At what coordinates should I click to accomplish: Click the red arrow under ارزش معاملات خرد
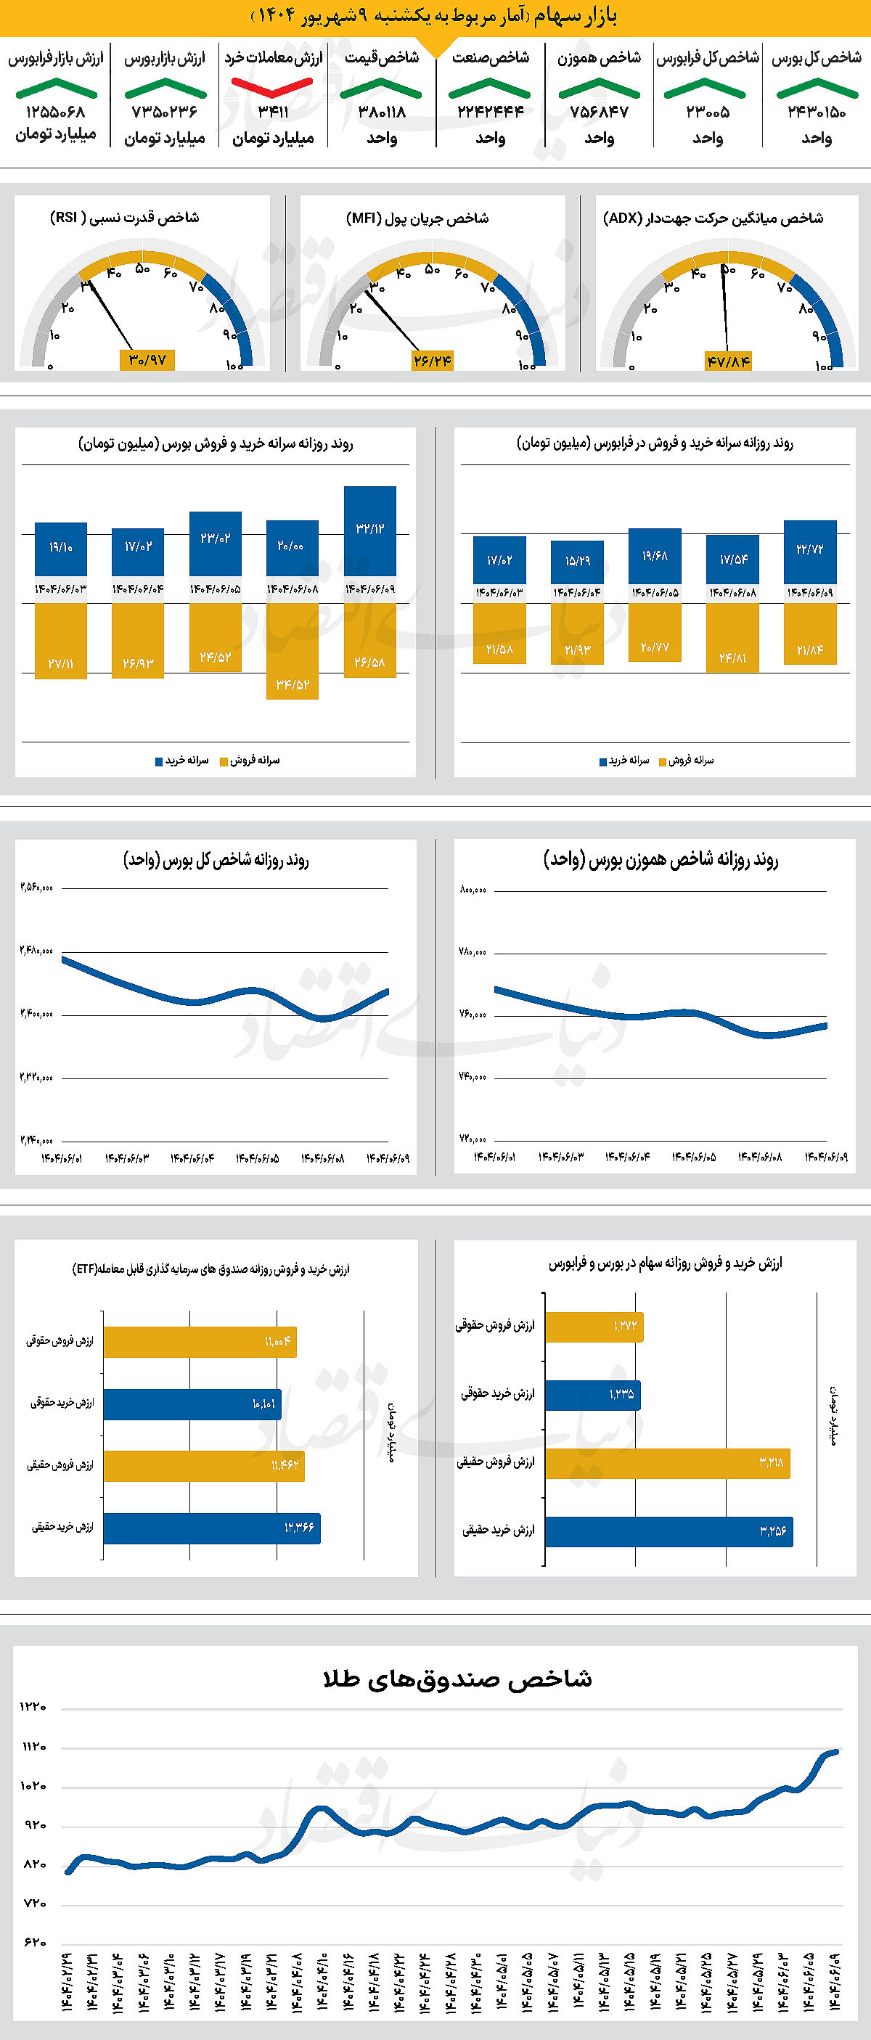272,86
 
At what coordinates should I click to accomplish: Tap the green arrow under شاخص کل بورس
816,89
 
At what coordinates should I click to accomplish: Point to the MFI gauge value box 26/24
433,361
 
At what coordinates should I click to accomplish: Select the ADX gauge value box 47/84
729,362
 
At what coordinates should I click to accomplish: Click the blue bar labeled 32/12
369,531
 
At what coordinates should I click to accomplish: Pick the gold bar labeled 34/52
293,651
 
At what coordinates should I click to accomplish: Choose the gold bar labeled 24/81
732,637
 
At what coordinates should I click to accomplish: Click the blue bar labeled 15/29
577,562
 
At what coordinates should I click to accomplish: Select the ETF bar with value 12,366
211,1528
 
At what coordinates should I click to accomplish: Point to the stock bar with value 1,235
592,1395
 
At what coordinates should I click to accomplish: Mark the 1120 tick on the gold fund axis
33,1746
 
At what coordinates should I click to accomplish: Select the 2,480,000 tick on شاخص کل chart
36,950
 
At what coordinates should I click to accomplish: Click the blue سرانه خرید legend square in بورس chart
158,762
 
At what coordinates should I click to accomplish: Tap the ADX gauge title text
713,218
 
